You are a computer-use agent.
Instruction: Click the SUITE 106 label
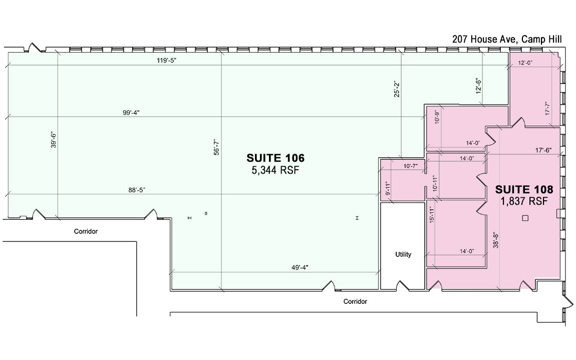[275, 158]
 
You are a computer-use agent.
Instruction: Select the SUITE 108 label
[524, 190]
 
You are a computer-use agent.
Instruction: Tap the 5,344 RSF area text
[275, 170]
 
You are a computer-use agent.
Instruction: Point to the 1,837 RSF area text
[524, 201]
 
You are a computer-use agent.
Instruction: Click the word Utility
[403, 254]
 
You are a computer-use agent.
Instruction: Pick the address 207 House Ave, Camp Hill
[507, 39]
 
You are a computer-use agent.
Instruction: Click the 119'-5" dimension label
[167, 60]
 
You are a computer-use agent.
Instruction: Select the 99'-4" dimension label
[131, 113]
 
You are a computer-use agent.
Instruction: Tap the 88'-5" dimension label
[137, 190]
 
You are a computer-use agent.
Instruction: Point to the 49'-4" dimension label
[300, 267]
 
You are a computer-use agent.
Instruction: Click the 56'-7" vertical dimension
[217, 147]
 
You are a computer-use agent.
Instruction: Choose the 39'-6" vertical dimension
[54, 140]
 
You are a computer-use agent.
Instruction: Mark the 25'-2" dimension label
[396, 89]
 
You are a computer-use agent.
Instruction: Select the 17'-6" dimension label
[543, 150]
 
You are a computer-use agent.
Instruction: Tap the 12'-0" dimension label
[525, 63]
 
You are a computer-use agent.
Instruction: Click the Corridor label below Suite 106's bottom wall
[355, 301]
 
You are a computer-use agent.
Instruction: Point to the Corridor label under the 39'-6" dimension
[86, 231]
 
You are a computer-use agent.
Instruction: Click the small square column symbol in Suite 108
[525, 218]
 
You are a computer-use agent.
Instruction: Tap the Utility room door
[403, 285]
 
